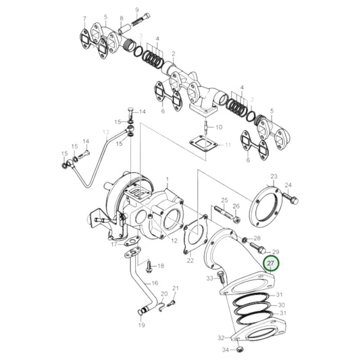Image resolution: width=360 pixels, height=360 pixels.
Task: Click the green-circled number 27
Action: click(x=270, y=263)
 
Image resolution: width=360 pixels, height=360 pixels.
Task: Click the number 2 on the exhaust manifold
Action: click(x=173, y=53)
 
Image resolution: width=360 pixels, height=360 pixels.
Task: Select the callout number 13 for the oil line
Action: click(x=105, y=132)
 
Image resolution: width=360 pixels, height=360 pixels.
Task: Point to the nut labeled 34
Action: click(x=228, y=349)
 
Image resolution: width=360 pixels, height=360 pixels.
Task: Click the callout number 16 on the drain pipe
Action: click(x=155, y=284)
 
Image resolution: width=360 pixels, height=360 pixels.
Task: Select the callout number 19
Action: click(x=141, y=325)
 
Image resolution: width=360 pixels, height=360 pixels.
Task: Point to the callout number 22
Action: click(x=190, y=260)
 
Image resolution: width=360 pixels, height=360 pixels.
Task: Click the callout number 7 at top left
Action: click(x=84, y=18)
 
